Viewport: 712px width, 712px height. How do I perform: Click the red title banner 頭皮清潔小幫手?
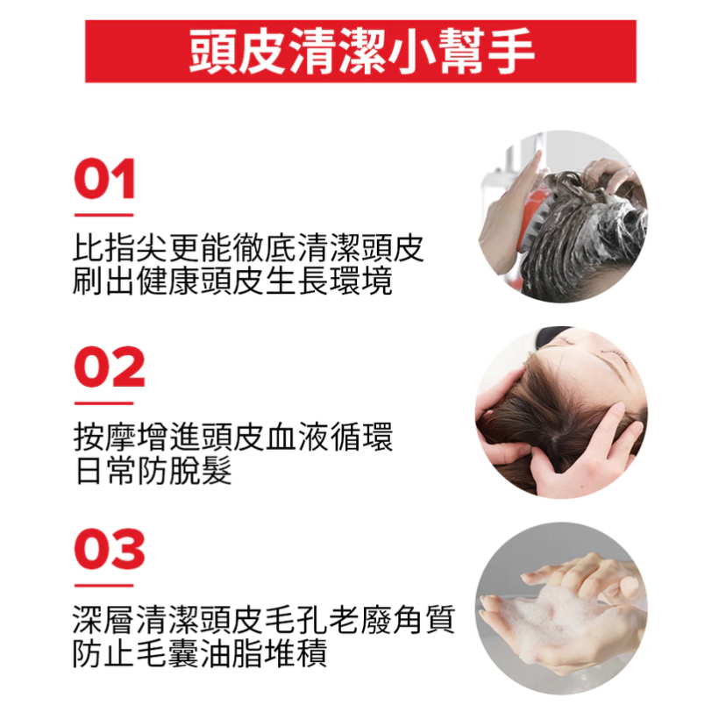pos(360,52)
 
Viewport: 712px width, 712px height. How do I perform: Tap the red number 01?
pos(104,181)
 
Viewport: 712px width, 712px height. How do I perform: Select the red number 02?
pos(109,368)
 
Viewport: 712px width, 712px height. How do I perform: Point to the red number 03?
pos(109,550)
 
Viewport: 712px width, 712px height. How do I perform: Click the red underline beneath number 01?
pos(103,214)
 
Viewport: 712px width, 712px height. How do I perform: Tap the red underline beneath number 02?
pos(103,403)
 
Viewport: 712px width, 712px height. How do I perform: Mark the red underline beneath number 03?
pos(103,585)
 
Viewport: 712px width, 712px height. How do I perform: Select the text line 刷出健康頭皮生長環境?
pos(231,281)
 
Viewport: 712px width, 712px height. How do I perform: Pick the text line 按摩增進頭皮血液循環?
pos(231,438)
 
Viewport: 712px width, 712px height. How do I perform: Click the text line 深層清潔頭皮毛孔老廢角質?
pos(263,621)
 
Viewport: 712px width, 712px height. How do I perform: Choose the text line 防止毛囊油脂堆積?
pos(200,653)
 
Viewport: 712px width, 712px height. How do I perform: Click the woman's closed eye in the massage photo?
pos(616,352)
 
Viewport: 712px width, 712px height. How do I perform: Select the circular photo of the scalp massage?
pos(561,412)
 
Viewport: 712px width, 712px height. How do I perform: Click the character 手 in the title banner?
pos(512,52)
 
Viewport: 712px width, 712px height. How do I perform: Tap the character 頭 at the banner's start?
pos(211,52)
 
